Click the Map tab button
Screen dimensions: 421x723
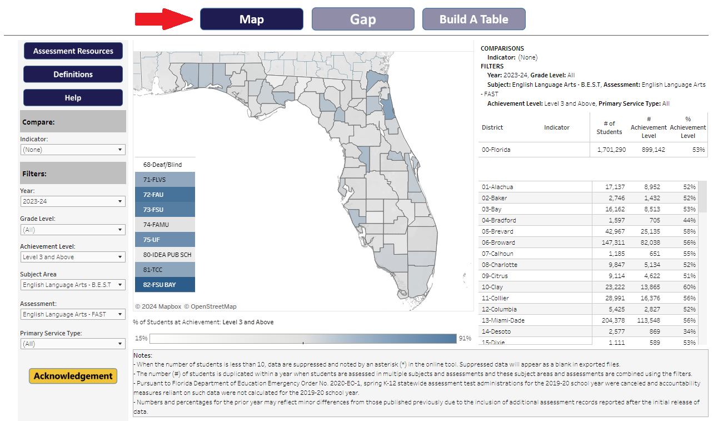click(x=251, y=19)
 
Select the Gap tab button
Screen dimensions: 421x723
click(x=363, y=19)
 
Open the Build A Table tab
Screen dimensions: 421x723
click(x=473, y=19)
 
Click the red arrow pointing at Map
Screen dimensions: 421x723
click(x=164, y=19)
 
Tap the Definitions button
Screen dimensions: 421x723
click(x=73, y=75)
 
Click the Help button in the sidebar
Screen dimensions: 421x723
click(x=73, y=98)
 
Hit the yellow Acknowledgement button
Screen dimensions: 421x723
click(x=73, y=376)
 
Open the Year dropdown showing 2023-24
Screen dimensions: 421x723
click(x=72, y=201)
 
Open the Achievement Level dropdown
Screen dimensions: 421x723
click(x=72, y=257)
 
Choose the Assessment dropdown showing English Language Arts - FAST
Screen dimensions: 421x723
click(x=72, y=314)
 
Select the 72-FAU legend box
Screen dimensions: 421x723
click(x=164, y=195)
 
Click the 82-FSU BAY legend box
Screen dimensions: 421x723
click(x=164, y=285)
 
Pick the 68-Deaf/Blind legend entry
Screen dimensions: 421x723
click(x=164, y=165)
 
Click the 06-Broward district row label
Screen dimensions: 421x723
click(x=498, y=242)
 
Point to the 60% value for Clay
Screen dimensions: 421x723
click(x=690, y=287)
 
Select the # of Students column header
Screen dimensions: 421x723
click(x=609, y=127)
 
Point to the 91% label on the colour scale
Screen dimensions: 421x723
click(x=465, y=338)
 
